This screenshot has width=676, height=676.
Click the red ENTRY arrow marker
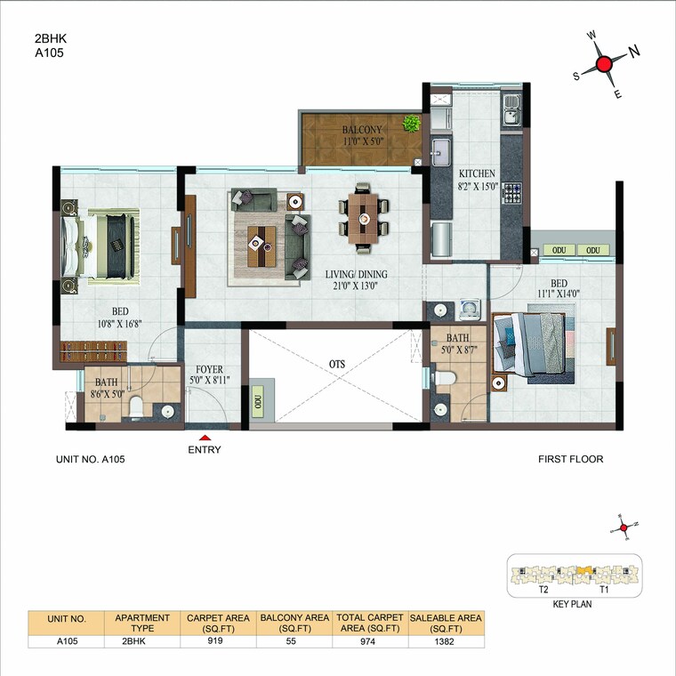(205, 437)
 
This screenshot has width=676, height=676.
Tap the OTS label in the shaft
(334, 363)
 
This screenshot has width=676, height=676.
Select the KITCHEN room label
(477, 173)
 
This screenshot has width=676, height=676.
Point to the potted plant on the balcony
(411, 123)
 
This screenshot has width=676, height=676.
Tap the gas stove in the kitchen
(512, 192)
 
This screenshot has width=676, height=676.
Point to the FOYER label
(209, 369)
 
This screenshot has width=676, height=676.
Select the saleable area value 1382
(446, 640)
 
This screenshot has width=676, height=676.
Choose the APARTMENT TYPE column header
(142, 622)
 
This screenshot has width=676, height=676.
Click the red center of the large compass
(606, 64)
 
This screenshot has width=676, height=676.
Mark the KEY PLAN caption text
(571, 603)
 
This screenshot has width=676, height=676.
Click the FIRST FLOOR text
(570, 460)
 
